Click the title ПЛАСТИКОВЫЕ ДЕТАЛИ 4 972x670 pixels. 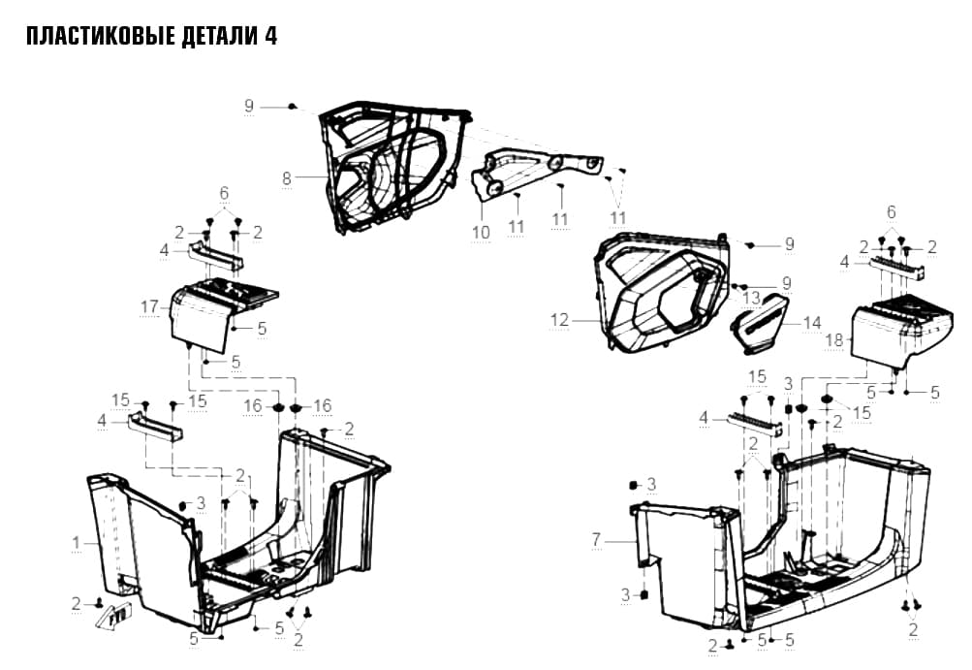pos(151,37)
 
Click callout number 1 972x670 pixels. pos(77,543)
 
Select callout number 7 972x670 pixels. pos(596,540)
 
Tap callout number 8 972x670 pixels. pos(287,178)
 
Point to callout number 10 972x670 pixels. pos(481,233)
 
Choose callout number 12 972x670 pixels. pos(559,320)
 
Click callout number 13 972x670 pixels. pos(751,298)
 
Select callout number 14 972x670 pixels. pos(812,323)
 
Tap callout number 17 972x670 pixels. pos(150,307)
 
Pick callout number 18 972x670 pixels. pos(835,340)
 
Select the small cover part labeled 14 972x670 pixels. pos(760,324)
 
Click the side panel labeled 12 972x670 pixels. pos(662,292)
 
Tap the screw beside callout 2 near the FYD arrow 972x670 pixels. pos(98,603)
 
